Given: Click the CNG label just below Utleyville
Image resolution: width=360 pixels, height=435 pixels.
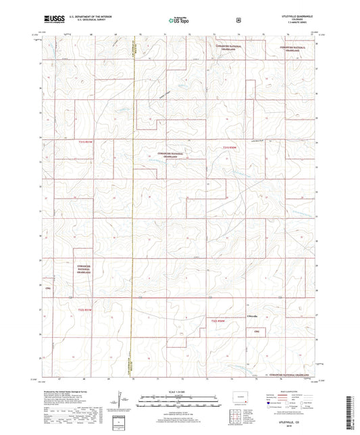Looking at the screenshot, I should click(256, 331).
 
